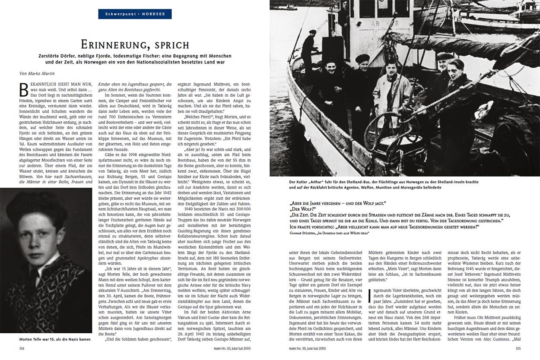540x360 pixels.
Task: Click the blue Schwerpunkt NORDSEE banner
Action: [135, 14]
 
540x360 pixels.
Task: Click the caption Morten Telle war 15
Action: [55, 339]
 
